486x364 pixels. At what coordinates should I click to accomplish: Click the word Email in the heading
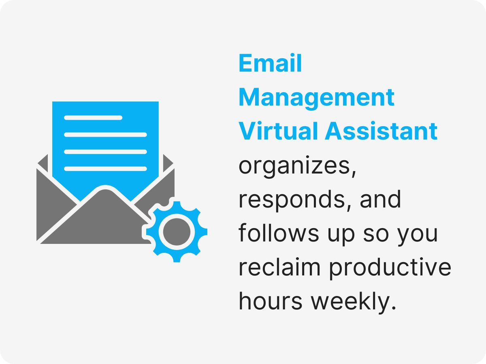(270, 63)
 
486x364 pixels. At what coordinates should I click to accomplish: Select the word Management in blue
(316, 97)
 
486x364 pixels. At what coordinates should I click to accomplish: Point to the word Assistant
(382, 131)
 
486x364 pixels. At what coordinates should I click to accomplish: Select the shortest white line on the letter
(93, 118)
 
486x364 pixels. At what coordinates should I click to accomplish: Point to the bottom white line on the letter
(105, 169)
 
